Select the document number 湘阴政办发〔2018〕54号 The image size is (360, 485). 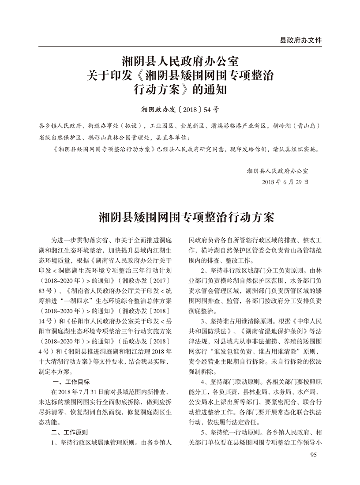click(180, 108)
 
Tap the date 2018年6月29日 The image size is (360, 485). click(285, 182)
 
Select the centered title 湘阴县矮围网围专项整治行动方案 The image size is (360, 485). click(180, 218)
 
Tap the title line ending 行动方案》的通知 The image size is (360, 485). click(180, 90)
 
